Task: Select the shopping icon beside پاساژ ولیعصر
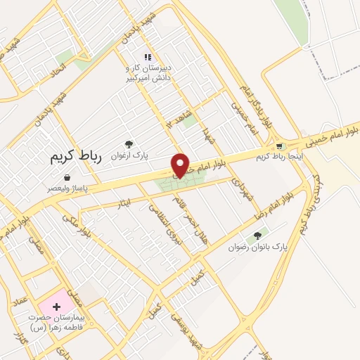[x=66, y=177]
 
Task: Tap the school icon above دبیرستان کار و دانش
[x=147, y=57]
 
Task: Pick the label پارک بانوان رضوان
[x=258, y=248]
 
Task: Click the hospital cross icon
[x=56, y=307]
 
